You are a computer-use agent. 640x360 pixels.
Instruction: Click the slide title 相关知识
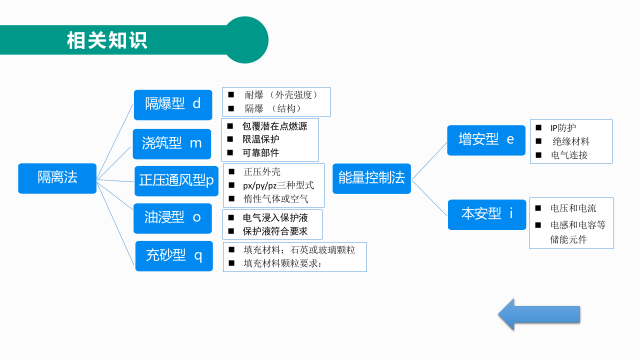[107, 40]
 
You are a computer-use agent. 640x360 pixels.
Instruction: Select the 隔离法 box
[57, 178]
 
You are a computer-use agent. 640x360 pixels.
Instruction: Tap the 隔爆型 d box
[173, 104]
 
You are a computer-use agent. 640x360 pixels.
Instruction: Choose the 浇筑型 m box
[172, 144]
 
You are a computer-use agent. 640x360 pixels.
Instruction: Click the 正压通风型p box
[176, 180]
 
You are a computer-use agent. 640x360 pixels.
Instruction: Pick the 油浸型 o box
[172, 218]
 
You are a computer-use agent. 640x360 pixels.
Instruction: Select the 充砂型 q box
[174, 256]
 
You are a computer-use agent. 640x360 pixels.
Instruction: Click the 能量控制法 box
[371, 178]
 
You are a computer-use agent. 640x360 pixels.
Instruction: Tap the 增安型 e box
[486, 140]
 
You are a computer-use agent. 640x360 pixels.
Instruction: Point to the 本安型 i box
[487, 214]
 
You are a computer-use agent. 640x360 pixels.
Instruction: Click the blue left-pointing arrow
[538, 314]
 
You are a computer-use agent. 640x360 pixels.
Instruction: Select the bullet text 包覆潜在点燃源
[274, 126]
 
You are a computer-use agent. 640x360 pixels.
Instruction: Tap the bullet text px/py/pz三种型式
[278, 185]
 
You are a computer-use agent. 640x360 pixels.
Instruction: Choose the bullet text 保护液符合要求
[275, 231]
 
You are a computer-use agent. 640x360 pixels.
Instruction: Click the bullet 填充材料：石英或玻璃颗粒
[299, 249]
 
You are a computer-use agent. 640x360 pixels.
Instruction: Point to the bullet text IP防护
[563, 128]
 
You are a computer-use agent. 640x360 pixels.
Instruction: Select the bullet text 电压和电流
[573, 208]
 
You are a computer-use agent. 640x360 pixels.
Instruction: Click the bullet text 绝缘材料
[571, 141]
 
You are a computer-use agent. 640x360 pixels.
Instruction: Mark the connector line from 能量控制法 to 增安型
[429, 161]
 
